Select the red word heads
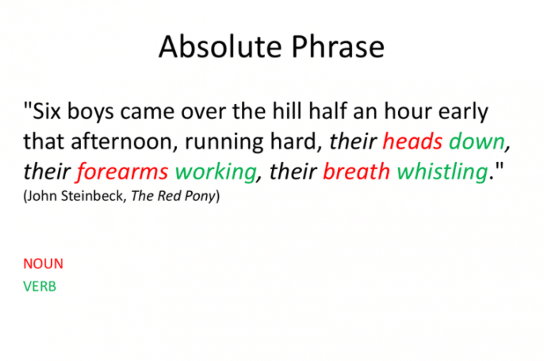click(413, 142)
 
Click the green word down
click(476, 142)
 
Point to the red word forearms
click(122, 171)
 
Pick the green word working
click(215, 172)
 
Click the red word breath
click(356, 171)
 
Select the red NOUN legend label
click(43, 264)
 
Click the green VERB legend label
click(40, 287)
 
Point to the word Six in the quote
click(48, 112)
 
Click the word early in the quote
click(465, 112)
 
